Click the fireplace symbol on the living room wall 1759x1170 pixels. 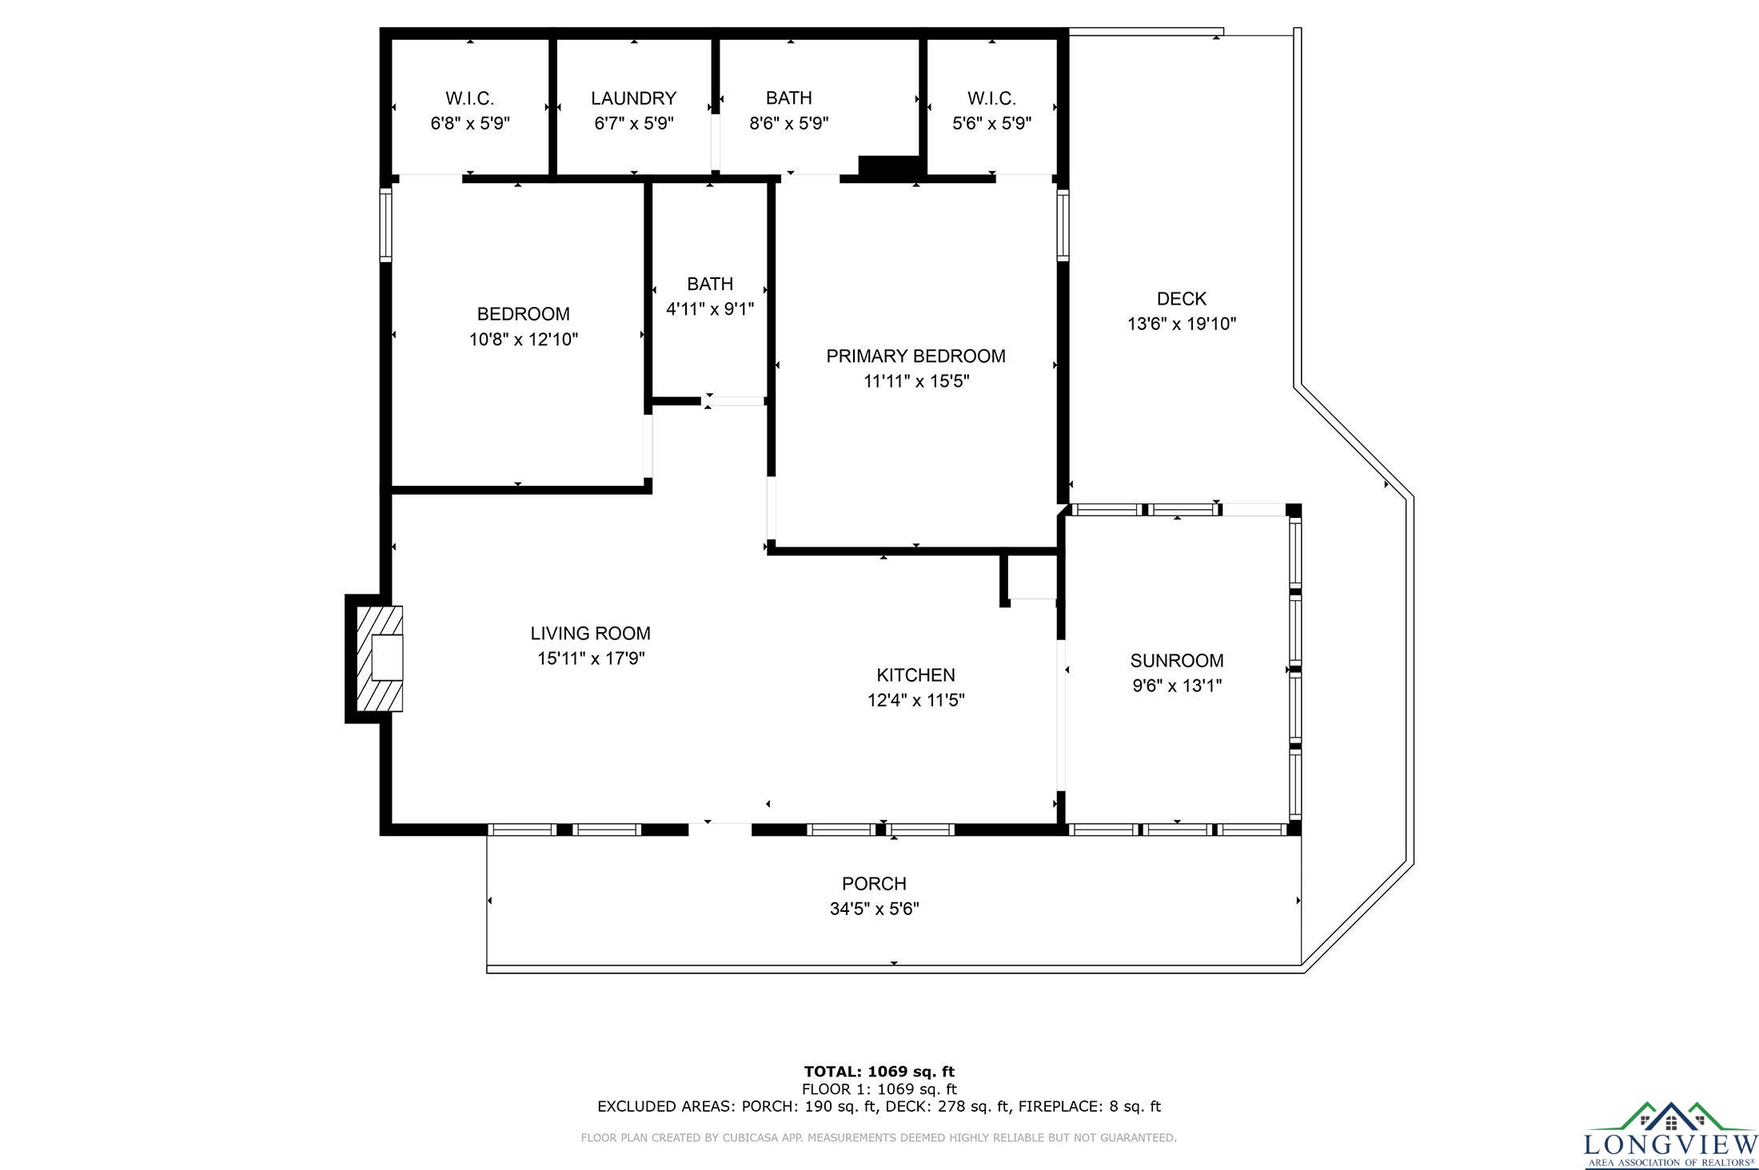(x=379, y=659)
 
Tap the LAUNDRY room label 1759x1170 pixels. (x=634, y=98)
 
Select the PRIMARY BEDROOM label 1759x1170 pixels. (x=915, y=356)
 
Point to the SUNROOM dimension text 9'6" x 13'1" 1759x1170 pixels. (x=1177, y=686)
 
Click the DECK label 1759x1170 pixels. (x=1182, y=299)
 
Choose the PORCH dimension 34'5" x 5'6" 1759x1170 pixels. (x=875, y=909)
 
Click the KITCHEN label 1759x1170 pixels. (x=916, y=675)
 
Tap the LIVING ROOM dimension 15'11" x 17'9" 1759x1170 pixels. (x=591, y=659)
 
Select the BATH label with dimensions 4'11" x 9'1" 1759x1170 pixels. (x=710, y=284)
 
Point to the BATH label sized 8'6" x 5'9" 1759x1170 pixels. (x=789, y=97)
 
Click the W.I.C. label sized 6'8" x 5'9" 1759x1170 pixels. (x=470, y=98)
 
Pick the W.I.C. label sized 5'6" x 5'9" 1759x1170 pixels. (x=992, y=98)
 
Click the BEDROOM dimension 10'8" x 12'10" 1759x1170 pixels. (x=524, y=340)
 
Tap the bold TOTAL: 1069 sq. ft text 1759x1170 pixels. (x=879, y=1072)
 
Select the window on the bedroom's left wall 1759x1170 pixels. (x=386, y=225)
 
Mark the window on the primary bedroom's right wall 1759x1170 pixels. (x=1063, y=225)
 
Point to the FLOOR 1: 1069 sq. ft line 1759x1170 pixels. (x=879, y=1089)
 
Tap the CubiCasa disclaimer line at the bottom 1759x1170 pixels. (x=879, y=1137)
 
